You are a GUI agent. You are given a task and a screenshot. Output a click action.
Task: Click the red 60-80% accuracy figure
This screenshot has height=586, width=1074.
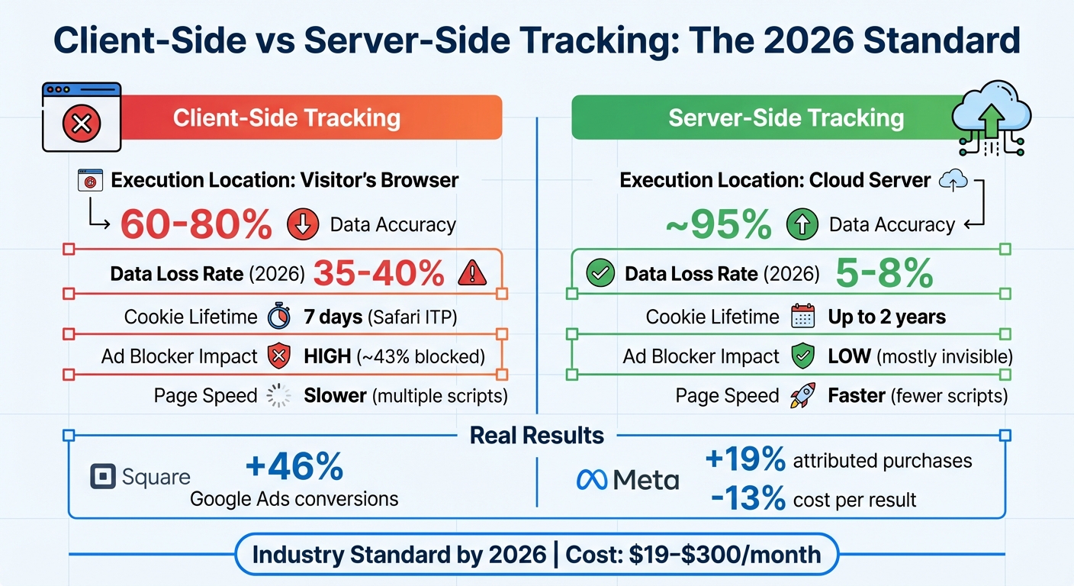(196, 224)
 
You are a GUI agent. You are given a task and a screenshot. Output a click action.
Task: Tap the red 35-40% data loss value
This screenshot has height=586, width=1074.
(378, 273)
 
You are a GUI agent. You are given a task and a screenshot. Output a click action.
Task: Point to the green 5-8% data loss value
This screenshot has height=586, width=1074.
(884, 273)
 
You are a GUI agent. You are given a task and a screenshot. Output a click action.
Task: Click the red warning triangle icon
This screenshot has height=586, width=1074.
(472, 273)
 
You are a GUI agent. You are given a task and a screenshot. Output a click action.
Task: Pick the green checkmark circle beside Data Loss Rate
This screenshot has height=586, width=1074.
(600, 274)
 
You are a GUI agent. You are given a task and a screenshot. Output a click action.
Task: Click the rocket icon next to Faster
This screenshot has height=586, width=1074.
(803, 396)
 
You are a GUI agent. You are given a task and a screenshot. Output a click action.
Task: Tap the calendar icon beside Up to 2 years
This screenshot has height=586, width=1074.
(803, 317)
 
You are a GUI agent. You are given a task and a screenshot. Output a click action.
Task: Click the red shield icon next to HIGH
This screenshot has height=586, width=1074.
(279, 356)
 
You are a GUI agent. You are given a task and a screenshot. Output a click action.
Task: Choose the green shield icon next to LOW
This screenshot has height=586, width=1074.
(803, 356)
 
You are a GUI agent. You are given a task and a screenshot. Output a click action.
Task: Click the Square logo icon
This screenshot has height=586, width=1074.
(101, 478)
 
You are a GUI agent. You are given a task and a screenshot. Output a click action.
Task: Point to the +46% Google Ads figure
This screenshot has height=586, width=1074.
(294, 466)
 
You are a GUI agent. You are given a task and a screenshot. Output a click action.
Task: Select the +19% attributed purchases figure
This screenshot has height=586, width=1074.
(745, 460)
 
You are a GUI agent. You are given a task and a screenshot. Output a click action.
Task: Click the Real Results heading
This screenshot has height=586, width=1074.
(536, 436)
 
